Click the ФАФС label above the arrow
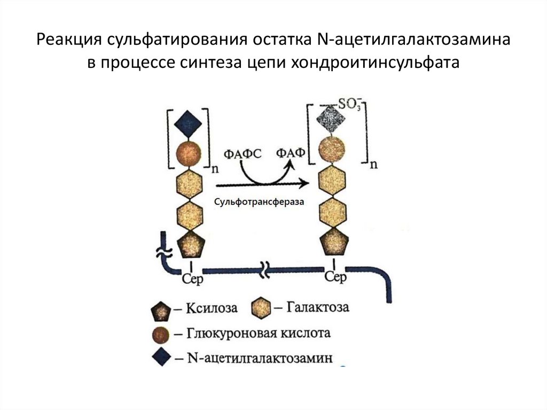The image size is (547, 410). pyautogui.click(x=243, y=153)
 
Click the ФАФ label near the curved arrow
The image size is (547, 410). pyautogui.click(x=291, y=153)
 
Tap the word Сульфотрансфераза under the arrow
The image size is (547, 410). pyautogui.click(x=259, y=202)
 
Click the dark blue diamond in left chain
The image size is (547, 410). pyautogui.click(x=189, y=124)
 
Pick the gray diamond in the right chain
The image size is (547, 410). pyautogui.click(x=331, y=119)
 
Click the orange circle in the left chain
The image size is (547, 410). pyautogui.click(x=189, y=153)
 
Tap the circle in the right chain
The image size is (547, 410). pyautogui.click(x=332, y=150)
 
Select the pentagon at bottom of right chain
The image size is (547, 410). pyautogui.click(x=334, y=241)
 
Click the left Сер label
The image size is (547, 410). pyautogui.click(x=192, y=279)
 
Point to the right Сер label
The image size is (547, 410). pyautogui.click(x=335, y=277)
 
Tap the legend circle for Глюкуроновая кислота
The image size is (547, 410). pyautogui.click(x=161, y=335)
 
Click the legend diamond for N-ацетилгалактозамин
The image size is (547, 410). pyautogui.click(x=161, y=357)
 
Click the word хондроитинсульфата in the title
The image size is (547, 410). pyautogui.click(x=375, y=62)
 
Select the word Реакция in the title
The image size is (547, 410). pyautogui.click(x=69, y=40)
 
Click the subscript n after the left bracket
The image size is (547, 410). pyautogui.click(x=215, y=169)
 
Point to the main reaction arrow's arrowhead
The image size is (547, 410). pyautogui.click(x=304, y=183)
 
